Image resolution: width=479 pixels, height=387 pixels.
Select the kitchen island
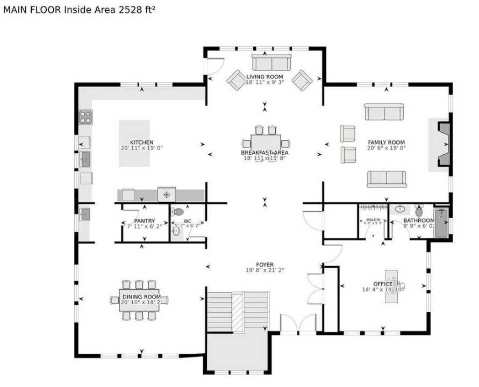(134, 143)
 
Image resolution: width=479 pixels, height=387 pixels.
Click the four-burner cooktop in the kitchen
(85, 117)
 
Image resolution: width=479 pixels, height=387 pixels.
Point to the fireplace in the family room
(442, 144)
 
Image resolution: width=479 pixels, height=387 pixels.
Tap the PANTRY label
(144, 221)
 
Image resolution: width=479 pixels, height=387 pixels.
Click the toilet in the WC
(178, 212)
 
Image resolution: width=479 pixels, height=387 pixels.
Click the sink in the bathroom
(401, 209)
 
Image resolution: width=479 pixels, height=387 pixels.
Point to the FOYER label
(264, 264)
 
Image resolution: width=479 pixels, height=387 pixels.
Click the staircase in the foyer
(238, 311)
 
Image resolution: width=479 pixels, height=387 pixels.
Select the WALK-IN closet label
(373, 220)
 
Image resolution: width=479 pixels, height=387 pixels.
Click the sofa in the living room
(271, 63)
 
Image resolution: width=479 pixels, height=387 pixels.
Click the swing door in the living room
(215, 67)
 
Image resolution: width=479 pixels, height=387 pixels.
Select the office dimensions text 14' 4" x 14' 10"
(382, 289)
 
